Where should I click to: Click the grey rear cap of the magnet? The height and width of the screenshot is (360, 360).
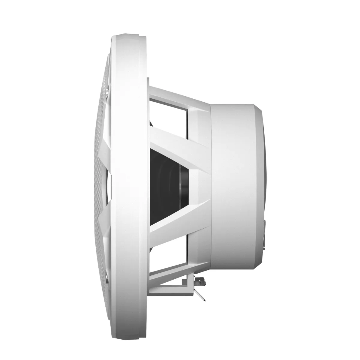click(260, 180)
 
